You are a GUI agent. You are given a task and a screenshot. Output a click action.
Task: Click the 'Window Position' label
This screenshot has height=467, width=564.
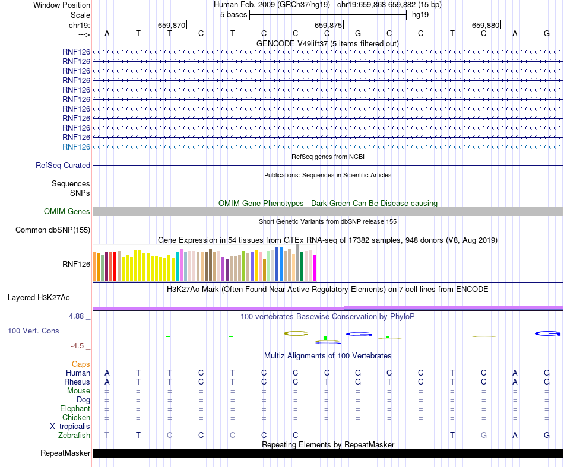click(62, 5)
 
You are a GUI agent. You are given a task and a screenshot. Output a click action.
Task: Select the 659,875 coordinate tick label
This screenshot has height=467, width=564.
click(328, 25)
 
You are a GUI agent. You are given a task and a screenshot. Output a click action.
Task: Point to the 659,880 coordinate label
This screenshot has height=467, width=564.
click(486, 25)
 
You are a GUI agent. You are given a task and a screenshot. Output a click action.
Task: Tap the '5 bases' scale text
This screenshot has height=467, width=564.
click(233, 14)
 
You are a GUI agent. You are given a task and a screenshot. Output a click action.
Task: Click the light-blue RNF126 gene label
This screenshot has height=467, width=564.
click(76, 147)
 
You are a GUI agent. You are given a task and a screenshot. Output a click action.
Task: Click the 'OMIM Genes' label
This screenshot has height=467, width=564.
click(67, 211)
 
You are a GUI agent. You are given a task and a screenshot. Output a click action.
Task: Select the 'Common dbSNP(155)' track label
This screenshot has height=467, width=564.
click(53, 230)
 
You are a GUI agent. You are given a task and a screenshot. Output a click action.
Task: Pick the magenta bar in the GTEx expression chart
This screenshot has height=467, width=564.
click(315, 268)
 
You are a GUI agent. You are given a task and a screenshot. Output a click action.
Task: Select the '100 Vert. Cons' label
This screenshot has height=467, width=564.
click(33, 331)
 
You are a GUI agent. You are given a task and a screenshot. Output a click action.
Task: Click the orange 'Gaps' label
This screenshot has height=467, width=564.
click(81, 364)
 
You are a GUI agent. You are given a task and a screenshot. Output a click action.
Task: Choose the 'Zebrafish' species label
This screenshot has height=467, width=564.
click(74, 435)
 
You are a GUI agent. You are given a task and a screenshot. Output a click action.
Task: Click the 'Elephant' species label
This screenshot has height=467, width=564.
click(75, 408)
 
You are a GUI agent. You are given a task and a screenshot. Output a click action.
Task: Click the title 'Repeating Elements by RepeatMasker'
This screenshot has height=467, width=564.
click(328, 444)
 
